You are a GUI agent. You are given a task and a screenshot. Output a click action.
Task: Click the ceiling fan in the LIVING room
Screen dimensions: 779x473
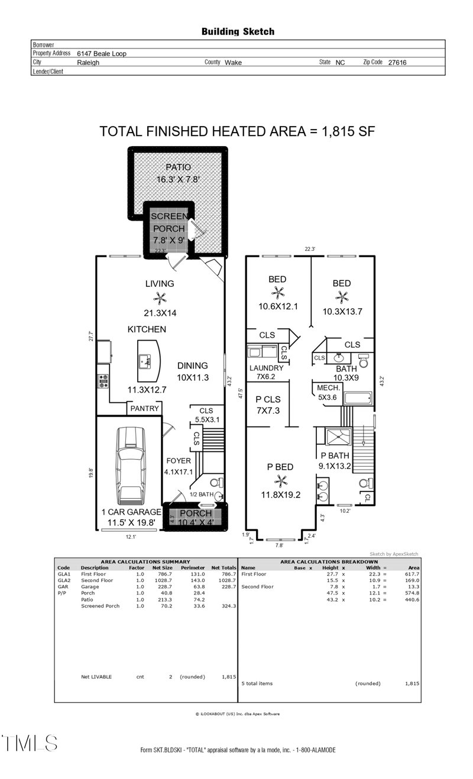tap(160, 298)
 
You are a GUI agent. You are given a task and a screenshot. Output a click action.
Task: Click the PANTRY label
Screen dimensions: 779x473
tap(144, 408)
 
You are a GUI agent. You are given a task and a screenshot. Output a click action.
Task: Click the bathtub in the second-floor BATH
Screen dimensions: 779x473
tap(357, 398)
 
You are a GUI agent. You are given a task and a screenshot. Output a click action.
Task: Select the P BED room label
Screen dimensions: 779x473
tap(280, 467)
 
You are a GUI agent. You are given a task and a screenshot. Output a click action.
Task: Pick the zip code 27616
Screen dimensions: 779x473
tap(397, 62)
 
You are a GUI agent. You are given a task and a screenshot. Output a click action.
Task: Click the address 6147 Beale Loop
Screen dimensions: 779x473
tap(102, 53)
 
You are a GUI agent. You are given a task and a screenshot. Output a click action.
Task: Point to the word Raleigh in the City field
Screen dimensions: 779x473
tap(88, 62)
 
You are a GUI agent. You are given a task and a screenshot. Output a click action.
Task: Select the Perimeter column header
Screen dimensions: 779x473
tap(193, 568)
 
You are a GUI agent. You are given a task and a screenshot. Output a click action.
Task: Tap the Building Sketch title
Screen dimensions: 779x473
tap(238, 31)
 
